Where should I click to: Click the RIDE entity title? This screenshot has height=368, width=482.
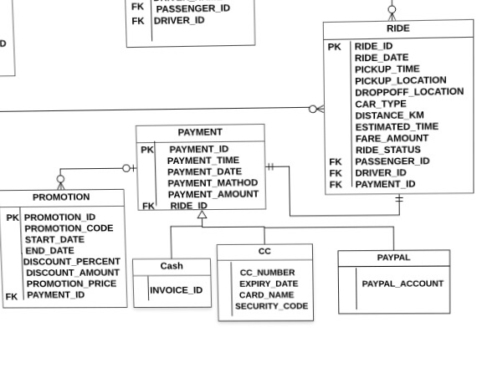[x=398, y=29]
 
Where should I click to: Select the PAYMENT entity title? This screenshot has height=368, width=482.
[x=200, y=132]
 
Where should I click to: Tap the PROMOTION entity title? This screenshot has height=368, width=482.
[x=61, y=197]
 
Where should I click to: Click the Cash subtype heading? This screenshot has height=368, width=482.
[x=172, y=266]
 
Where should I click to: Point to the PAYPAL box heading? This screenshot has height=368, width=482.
[x=393, y=258]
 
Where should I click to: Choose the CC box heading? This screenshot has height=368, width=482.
[x=264, y=252]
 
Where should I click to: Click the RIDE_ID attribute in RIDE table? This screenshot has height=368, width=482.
[x=374, y=47]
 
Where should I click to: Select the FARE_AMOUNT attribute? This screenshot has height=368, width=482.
[x=392, y=138]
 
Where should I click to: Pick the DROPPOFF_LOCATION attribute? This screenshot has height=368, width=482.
[x=408, y=92]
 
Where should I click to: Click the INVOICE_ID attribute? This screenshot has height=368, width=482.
[x=176, y=290]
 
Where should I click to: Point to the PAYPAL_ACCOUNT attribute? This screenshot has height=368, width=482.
[x=403, y=284]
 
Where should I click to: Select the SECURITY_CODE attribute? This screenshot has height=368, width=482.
[x=271, y=306]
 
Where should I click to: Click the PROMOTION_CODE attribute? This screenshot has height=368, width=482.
[x=69, y=228]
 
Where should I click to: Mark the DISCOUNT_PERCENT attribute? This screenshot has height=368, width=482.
[x=72, y=262]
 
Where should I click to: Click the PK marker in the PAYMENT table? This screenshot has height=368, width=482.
[x=147, y=150]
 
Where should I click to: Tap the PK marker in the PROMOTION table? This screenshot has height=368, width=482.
[x=13, y=217]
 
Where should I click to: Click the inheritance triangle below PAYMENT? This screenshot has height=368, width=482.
[x=201, y=216]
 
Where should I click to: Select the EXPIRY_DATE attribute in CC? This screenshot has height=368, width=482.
[x=269, y=284]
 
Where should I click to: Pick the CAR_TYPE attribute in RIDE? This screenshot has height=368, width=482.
[x=381, y=104]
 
